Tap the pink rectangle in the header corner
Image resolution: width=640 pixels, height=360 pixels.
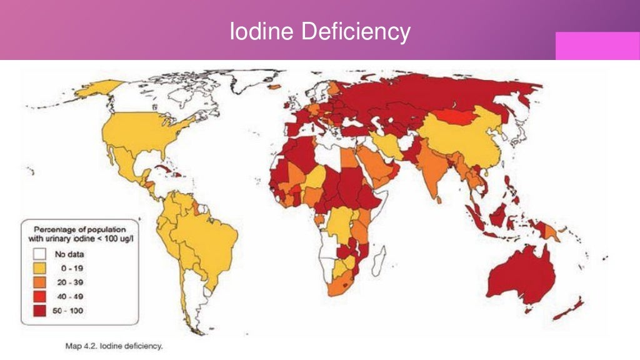coord(597,46)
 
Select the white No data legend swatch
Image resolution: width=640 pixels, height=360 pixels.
coord(41,254)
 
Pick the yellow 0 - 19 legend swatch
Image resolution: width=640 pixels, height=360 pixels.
coord(41,268)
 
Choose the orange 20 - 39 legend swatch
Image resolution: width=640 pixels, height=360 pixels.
coord(41,282)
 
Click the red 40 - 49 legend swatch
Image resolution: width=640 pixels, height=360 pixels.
coord(41,296)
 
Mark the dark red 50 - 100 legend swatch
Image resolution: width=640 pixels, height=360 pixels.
coord(41,311)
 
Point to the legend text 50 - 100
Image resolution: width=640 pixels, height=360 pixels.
coord(71,311)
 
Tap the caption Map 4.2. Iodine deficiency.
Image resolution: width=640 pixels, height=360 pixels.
coord(114,346)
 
